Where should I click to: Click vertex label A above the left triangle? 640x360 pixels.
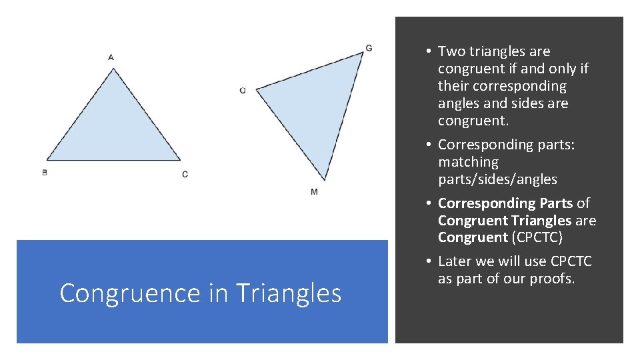(x=111, y=57)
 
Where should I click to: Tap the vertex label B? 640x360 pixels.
(x=44, y=172)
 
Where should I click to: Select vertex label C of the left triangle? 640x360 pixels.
(x=185, y=174)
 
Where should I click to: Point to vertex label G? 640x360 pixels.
(x=369, y=48)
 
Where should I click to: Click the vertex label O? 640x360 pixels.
(x=243, y=90)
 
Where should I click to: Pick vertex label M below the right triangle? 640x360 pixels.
(x=314, y=192)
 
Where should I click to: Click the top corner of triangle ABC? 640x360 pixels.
(x=114, y=69)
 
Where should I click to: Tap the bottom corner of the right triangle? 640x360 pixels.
(x=324, y=179)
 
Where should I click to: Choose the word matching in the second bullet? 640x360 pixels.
(x=468, y=162)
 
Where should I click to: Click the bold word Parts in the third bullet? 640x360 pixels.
(x=554, y=203)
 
